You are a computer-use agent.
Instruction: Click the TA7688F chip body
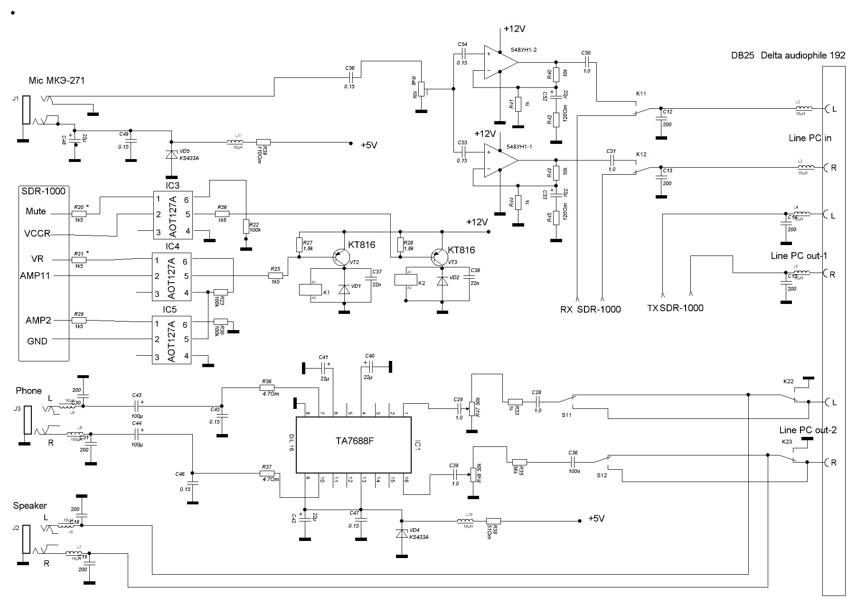[x=354, y=445]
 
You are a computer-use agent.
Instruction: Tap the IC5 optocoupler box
[x=171, y=340]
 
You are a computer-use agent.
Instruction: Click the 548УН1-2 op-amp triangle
[x=500, y=62]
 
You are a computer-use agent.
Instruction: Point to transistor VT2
[x=340, y=257]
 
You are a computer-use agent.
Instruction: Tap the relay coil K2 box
[x=406, y=279]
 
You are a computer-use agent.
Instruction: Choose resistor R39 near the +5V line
[x=264, y=142]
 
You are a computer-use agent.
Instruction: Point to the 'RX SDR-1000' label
[x=591, y=310]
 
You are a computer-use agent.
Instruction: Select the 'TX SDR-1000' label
[x=675, y=308]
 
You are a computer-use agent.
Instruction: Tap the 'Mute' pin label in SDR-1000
[x=36, y=211]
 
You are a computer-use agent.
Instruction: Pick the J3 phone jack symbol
[x=28, y=419]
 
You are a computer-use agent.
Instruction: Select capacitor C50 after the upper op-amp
[x=587, y=61]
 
